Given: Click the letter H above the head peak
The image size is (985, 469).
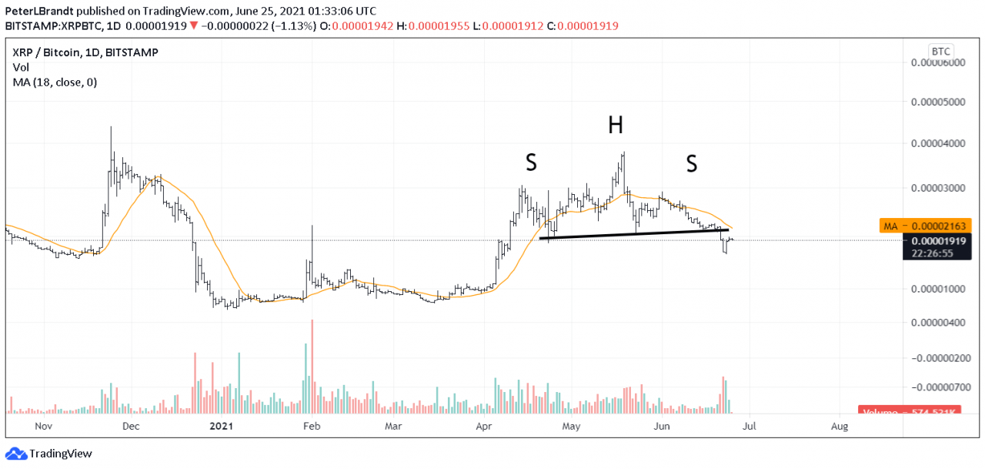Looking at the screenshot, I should point(615,126).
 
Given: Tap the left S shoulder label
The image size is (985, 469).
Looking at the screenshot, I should point(531,162).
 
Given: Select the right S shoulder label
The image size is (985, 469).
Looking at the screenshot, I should point(691,162).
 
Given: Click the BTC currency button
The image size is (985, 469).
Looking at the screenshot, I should point(941,51).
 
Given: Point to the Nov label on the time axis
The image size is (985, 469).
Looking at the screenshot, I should point(44,425).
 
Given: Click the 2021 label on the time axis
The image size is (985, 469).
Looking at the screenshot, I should point(222,425).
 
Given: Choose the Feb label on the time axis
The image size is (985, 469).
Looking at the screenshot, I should point(310,425).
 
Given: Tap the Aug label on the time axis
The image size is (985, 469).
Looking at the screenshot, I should point(840,425).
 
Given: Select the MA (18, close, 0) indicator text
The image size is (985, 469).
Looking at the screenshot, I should point(54,82).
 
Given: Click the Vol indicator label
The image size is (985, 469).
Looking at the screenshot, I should point(21,67).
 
